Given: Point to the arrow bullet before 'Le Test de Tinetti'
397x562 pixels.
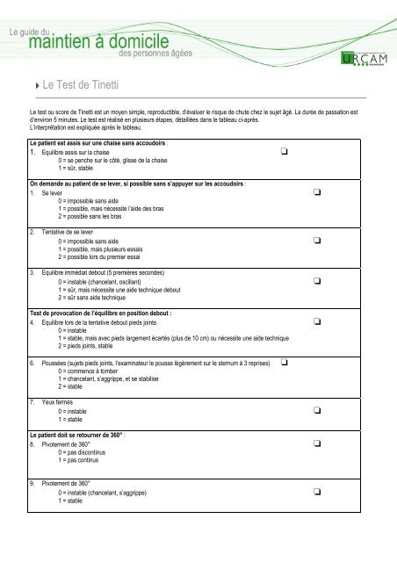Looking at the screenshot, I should [34, 86].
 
